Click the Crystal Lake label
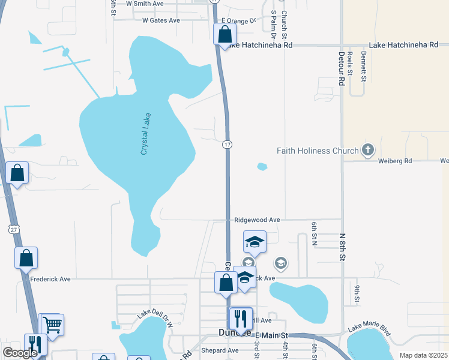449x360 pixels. [145, 134]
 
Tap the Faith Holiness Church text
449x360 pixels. [318, 151]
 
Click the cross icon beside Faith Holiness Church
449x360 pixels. [368, 150]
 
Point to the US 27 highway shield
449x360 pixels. [14, 229]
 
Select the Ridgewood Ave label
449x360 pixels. [258, 220]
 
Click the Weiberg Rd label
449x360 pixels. [394, 161]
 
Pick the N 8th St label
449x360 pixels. [343, 247]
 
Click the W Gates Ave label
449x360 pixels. [161, 20]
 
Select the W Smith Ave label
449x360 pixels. [145, 4]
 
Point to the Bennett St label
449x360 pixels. [364, 66]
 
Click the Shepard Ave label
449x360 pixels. [220, 350]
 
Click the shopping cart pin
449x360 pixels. [52, 325]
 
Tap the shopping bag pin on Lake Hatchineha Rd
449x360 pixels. [224, 35]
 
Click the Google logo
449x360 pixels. [20, 353]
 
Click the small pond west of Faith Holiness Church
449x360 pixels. [262, 166]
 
